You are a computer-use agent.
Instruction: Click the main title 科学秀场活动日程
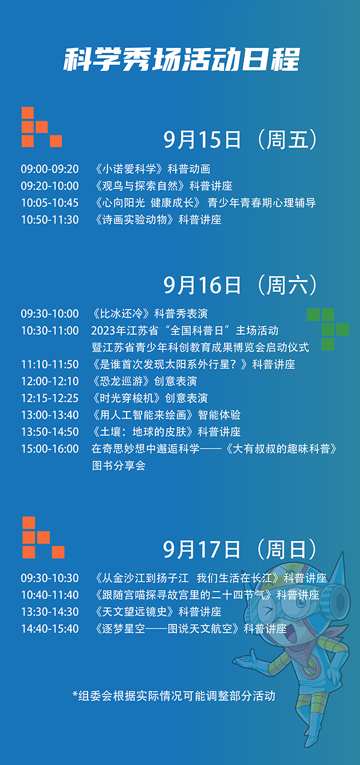(x=181, y=59)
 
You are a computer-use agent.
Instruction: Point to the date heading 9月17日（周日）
(x=241, y=549)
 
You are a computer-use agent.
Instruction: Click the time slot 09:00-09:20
(x=50, y=169)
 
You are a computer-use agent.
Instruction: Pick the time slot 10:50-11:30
(x=50, y=220)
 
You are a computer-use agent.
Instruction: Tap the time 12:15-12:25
(x=50, y=398)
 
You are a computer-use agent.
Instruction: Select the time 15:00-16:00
(x=50, y=449)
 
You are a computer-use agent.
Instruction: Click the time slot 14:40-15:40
(x=50, y=629)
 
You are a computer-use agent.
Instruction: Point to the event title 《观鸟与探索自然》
(x=140, y=186)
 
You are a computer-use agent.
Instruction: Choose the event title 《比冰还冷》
(x=122, y=314)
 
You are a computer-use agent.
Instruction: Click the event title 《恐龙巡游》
(x=122, y=381)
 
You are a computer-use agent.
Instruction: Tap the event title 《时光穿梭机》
(x=127, y=398)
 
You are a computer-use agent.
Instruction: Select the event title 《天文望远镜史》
(x=135, y=611)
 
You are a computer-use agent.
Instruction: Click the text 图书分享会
(x=119, y=466)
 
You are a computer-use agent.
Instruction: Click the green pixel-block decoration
(x=328, y=329)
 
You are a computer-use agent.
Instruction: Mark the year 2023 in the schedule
(x=103, y=331)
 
